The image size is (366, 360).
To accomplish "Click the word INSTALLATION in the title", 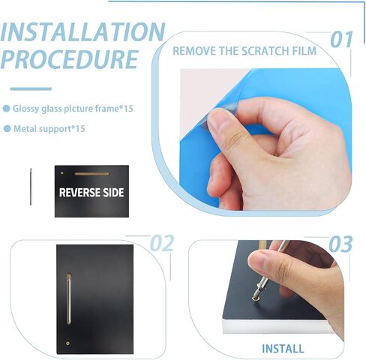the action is [x=82, y=32].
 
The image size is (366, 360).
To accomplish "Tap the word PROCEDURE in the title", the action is [x=69, y=59].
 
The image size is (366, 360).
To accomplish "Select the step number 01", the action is [x=341, y=40].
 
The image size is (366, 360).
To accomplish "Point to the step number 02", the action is [x=162, y=243].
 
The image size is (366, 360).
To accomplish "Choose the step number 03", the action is [x=340, y=244].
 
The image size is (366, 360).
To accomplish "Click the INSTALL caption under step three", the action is [x=283, y=349].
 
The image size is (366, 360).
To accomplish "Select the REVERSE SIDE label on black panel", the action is [x=91, y=193].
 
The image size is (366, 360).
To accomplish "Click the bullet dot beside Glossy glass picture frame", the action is [x=6, y=109].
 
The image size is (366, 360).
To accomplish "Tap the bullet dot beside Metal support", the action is [x=7, y=129].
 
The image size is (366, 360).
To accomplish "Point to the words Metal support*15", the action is [x=49, y=129].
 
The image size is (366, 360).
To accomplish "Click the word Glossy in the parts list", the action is [x=26, y=109].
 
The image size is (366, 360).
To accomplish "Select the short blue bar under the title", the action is [x=31, y=88].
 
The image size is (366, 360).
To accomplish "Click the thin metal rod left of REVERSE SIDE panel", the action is [x=31, y=187].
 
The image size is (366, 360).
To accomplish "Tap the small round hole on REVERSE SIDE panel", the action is [x=62, y=172].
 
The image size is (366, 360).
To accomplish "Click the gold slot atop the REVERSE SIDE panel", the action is [x=92, y=174].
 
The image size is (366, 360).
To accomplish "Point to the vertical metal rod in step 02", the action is [x=69, y=299].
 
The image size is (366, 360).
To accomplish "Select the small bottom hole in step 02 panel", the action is [x=67, y=343].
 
